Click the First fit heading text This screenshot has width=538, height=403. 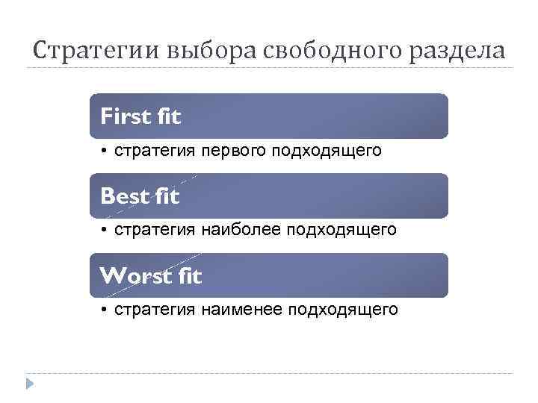coord(140,116)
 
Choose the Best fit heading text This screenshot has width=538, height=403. coord(140,196)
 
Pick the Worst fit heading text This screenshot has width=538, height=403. coord(151,276)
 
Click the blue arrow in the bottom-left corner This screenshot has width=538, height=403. coord(30,384)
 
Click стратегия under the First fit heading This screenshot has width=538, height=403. coord(153,151)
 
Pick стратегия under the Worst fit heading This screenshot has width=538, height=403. coord(153,309)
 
